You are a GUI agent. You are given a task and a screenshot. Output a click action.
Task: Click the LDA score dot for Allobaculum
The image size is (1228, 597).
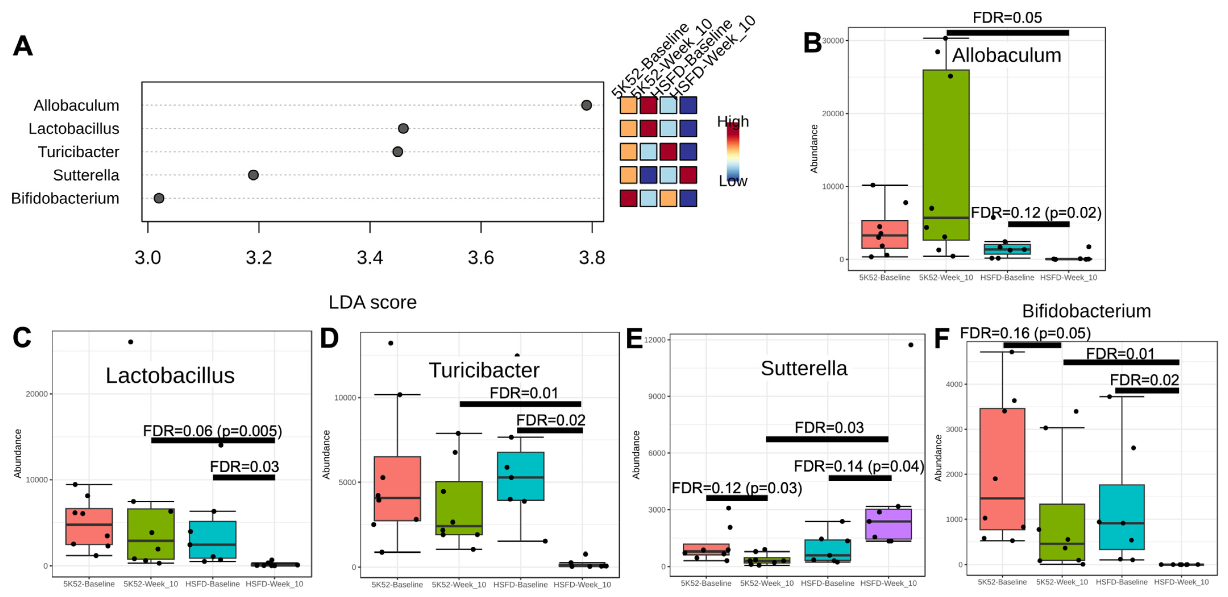point(586,105)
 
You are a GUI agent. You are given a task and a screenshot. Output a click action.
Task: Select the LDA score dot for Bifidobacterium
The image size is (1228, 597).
point(159,198)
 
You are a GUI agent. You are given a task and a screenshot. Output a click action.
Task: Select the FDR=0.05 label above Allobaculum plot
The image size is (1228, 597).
point(1007,18)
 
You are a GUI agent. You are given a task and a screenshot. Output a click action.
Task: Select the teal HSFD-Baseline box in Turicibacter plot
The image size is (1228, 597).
point(521,476)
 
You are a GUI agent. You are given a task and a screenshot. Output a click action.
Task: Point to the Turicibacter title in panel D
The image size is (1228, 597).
point(484,370)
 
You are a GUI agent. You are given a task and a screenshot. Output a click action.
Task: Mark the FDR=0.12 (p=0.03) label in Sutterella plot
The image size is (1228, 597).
point(737,488)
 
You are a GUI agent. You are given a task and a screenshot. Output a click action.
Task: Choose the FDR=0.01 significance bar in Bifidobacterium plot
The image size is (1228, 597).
point(1121,362)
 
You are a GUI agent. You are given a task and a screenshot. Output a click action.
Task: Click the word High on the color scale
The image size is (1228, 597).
point(733,122)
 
